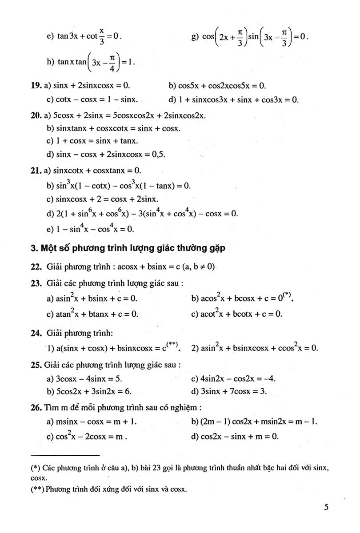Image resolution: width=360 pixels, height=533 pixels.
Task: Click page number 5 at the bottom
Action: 326,507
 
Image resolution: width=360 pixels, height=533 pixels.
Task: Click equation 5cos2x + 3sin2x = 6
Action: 96,391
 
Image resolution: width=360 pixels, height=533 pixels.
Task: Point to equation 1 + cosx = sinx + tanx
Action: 97,141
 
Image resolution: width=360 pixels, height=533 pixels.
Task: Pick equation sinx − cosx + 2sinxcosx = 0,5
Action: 111,155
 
